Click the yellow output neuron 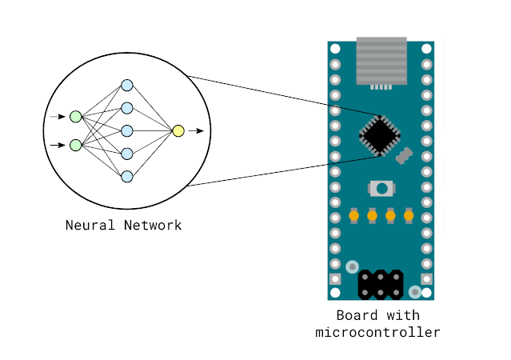[x=178, y=130]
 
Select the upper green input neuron [x=75, y=117]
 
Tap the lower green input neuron [x=75, y=145]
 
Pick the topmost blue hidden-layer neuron [x=126, y=85]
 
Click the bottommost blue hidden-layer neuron [x=126, y=176]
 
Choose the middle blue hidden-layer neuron [x=126, y=130]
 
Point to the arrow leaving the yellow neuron [x=196, y=130]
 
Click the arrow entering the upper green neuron [x=57, y=117]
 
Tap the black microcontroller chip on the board [x=379, y=134]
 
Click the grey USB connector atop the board [x=381, y=62]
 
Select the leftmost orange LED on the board [x=353, y=215]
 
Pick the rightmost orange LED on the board [x=409, y=215]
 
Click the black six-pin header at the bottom [x=380, y=283]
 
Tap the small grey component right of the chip [x=405, y=154]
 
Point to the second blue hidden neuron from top [x=126, y=108]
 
